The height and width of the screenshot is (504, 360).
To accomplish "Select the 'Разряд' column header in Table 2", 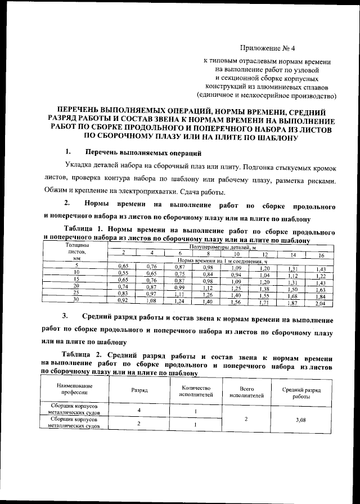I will tap(139, 389).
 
